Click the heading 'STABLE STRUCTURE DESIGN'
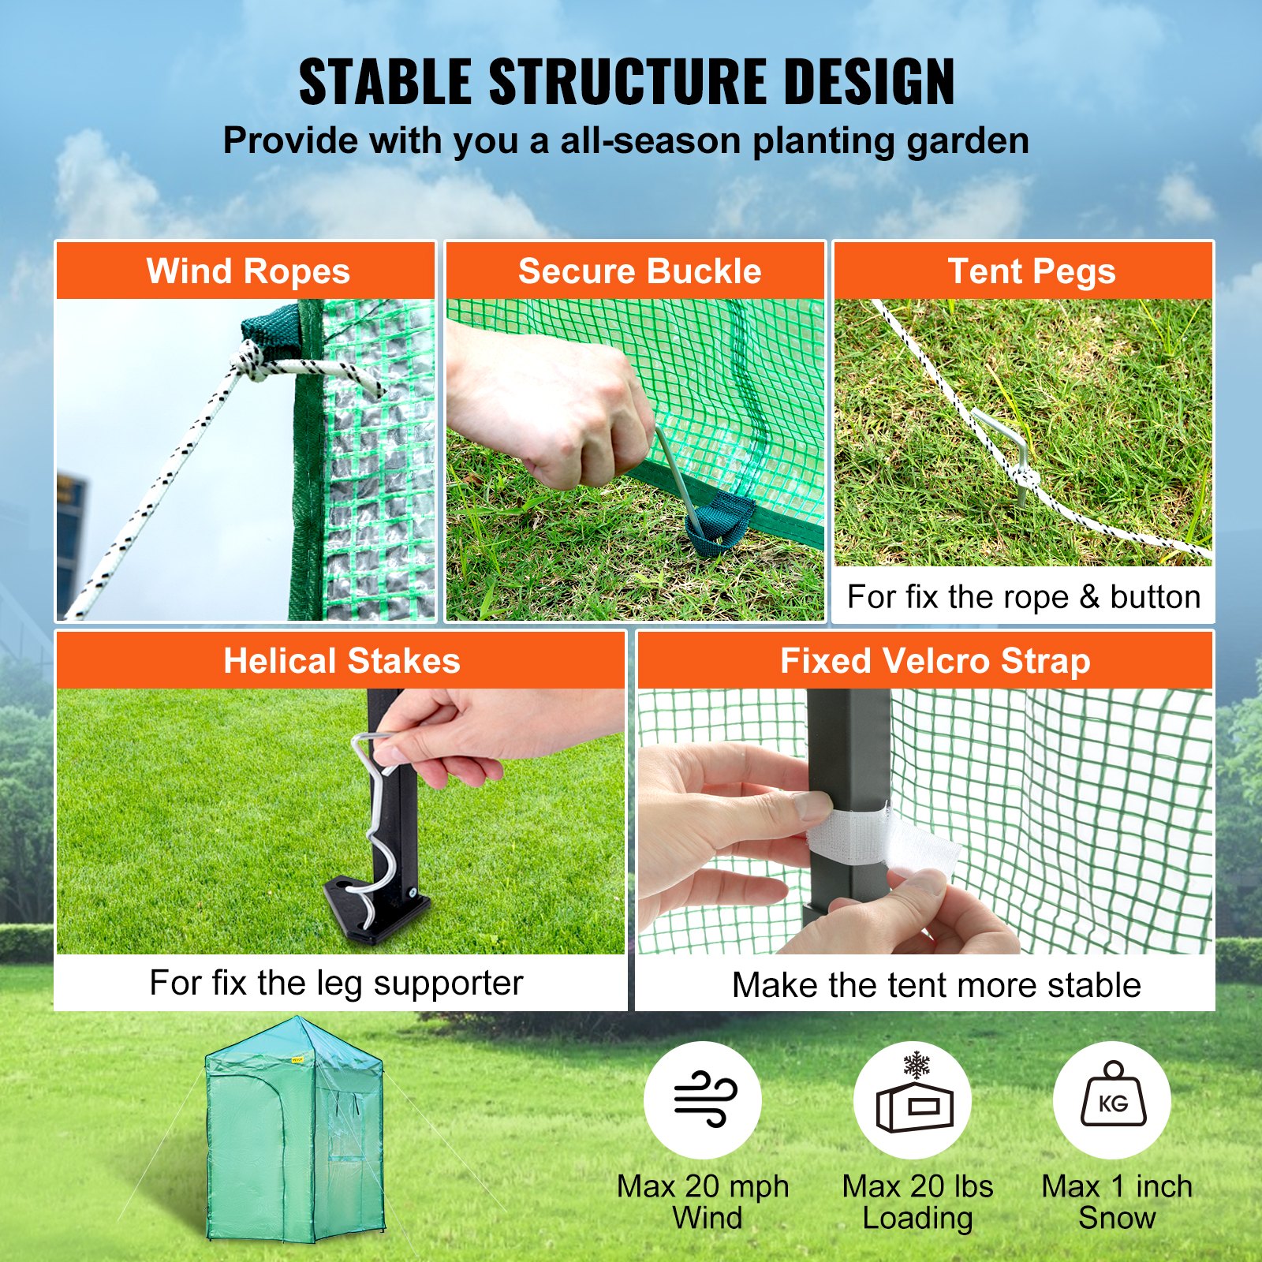tap(627, 81)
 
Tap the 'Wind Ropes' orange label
tap(248, 271)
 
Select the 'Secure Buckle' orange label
tap(639, 271)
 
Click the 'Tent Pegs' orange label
tap(1031, 271)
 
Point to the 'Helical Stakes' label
tap(342, 661)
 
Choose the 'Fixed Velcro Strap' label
tap(935, 661)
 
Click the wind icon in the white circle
tap(703, 1100)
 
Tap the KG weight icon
tap(1112, 1098)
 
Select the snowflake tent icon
tap(915, 1100)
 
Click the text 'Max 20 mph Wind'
tap(703, 1201)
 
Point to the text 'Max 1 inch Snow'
tap(1116, 1201)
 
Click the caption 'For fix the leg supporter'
tap(337, 983)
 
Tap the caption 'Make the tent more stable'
tap(935, 985)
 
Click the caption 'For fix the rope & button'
tap(1023, 596)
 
